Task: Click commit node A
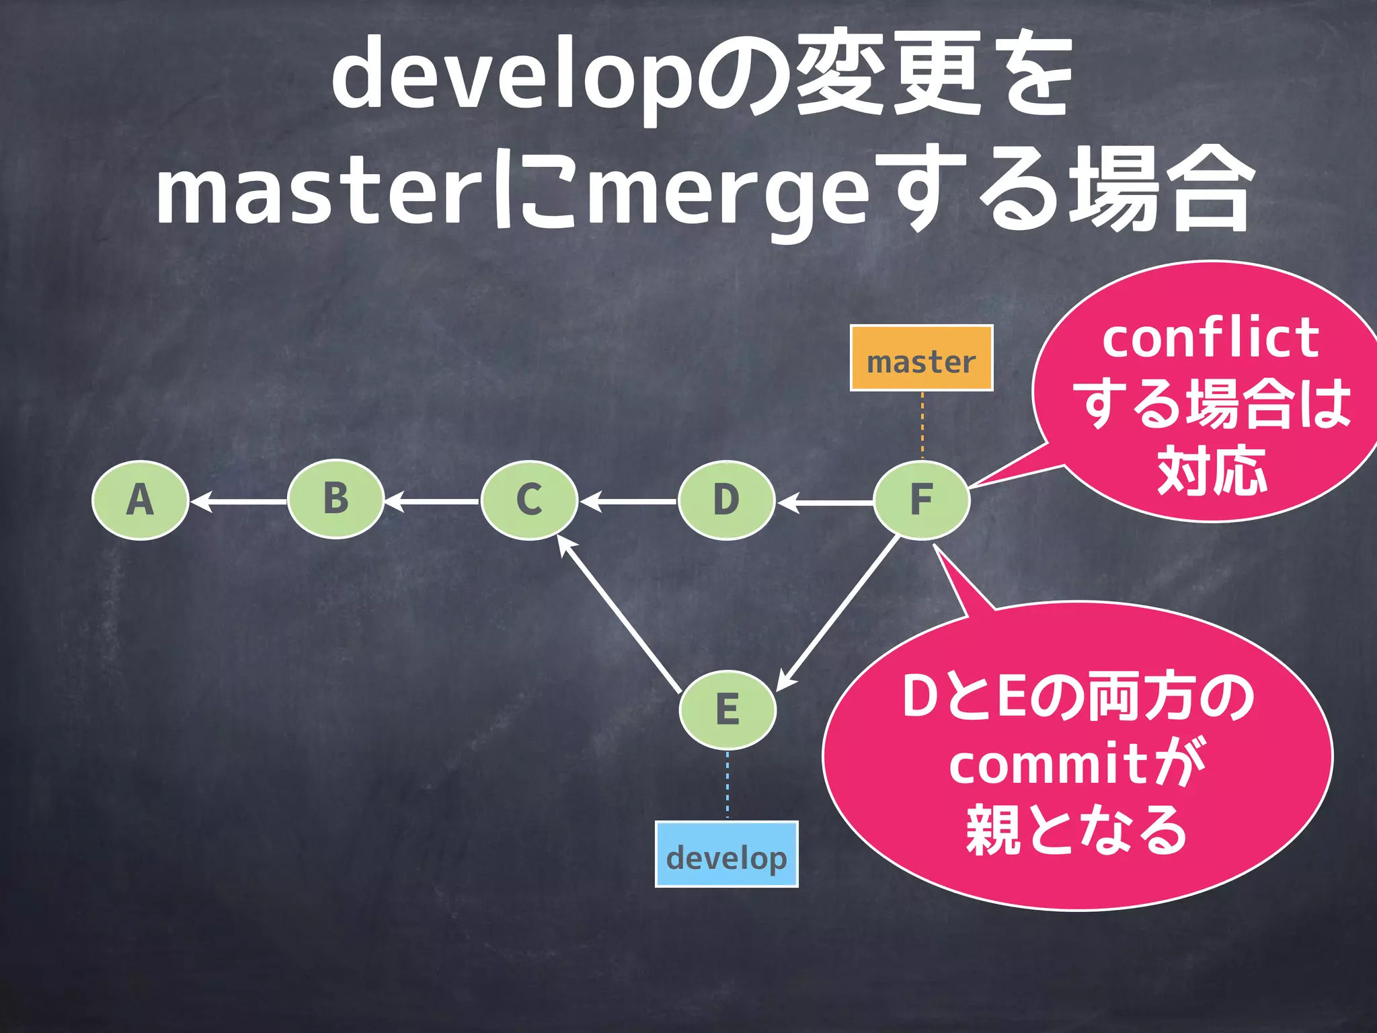tap(140, 500)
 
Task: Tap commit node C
tap(529, 500)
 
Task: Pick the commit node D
tap(726, 500)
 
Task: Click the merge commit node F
tap(921, 500)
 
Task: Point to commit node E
tap(727, 710)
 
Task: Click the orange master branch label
tap(921, 358)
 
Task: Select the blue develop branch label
tap(726, 854)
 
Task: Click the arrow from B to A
tap(239, 502)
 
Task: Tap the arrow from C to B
tap(432, 502)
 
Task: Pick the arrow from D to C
tap(628, 502)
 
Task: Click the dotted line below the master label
tap(922, 425)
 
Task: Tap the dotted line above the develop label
tap(727, 784)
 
